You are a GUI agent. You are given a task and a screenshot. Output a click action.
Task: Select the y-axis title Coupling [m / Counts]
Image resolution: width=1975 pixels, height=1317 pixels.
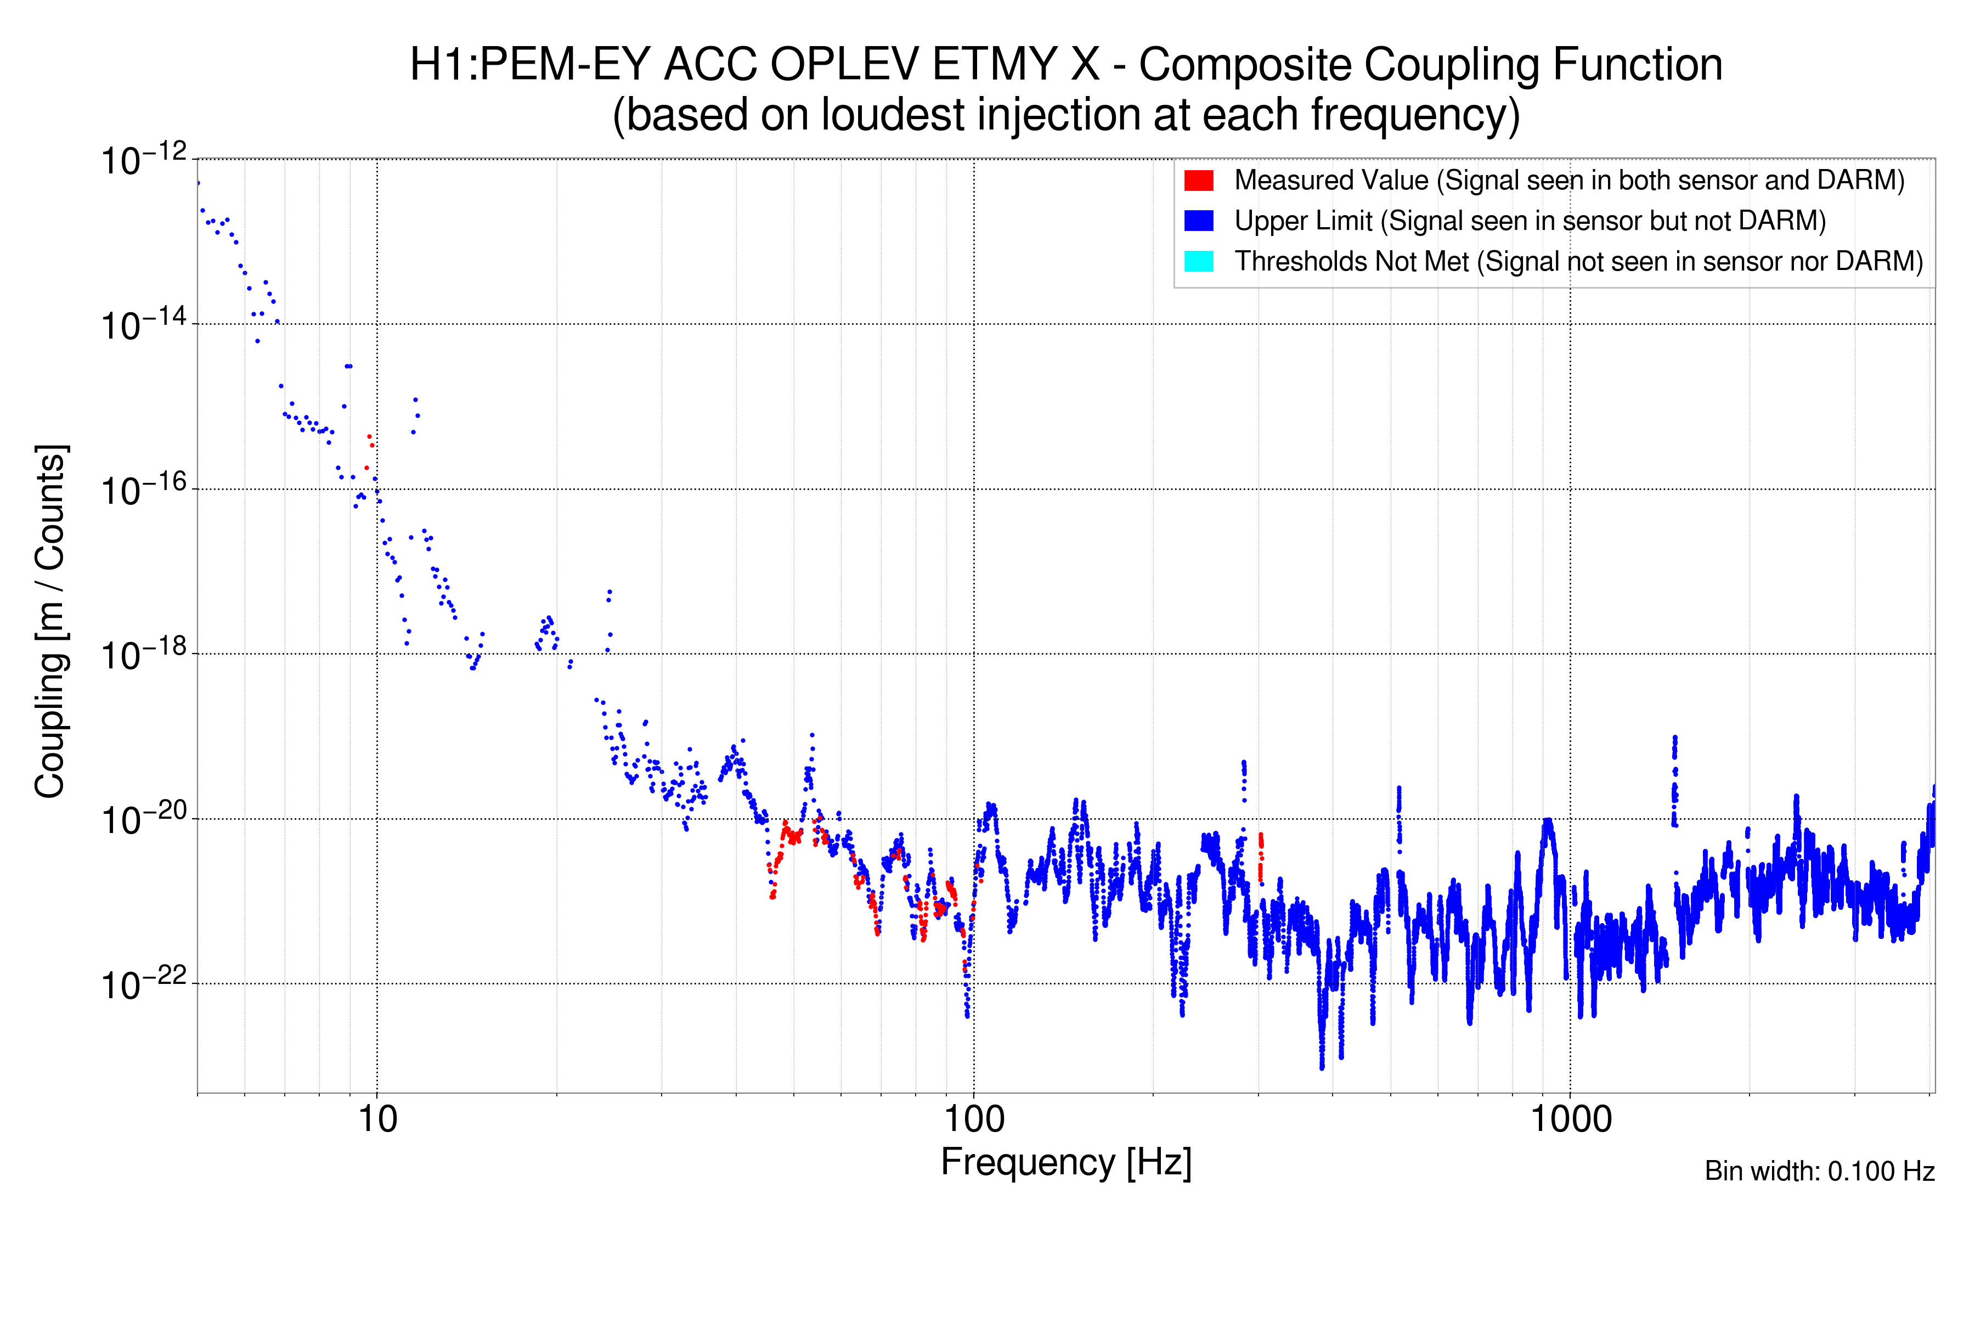(x=50, y=622)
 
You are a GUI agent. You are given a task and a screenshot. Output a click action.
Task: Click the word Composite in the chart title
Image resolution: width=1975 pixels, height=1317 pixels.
(x=1242, y=65)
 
